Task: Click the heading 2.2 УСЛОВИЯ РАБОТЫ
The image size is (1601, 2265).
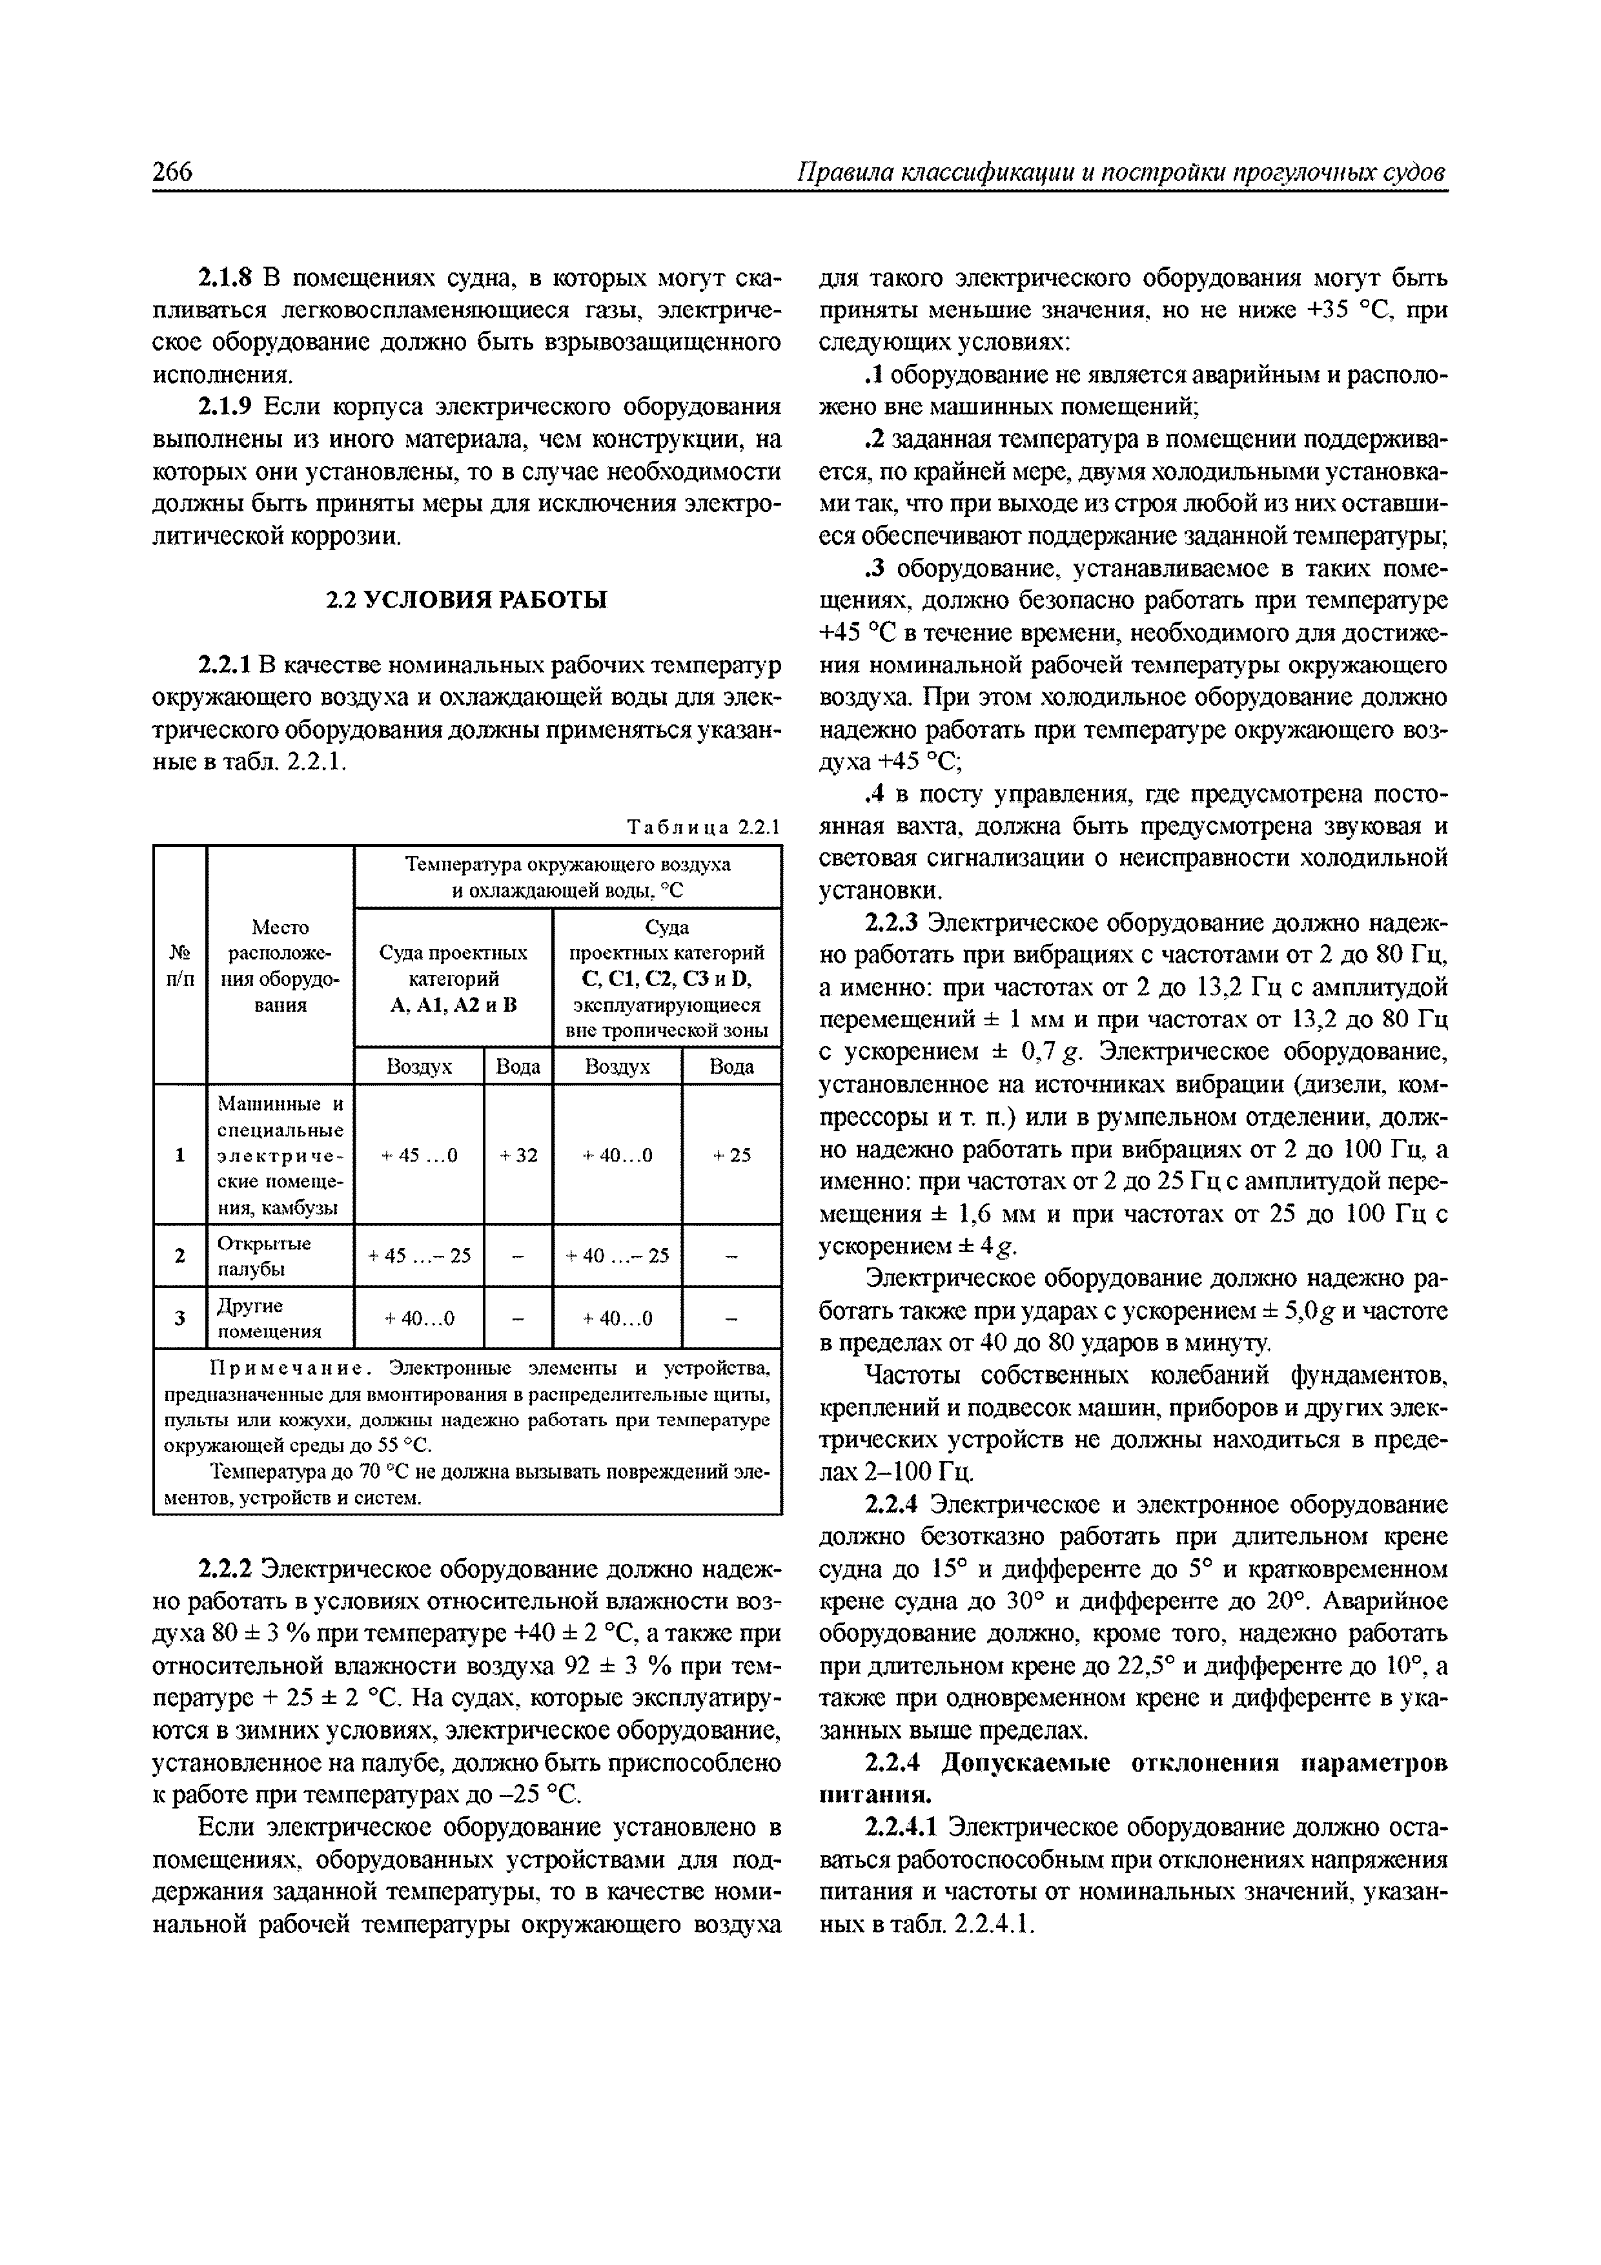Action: [x=467, y=600]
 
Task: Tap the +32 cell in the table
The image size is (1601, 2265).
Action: [x=518, y=1154]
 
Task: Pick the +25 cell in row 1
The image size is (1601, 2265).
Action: [x=732, y=1154]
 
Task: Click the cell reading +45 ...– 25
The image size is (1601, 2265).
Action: [x=419, y=1256]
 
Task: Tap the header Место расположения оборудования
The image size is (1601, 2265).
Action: [x=280, y=966]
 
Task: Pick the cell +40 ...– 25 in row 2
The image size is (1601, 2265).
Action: [x=618, y=1256]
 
